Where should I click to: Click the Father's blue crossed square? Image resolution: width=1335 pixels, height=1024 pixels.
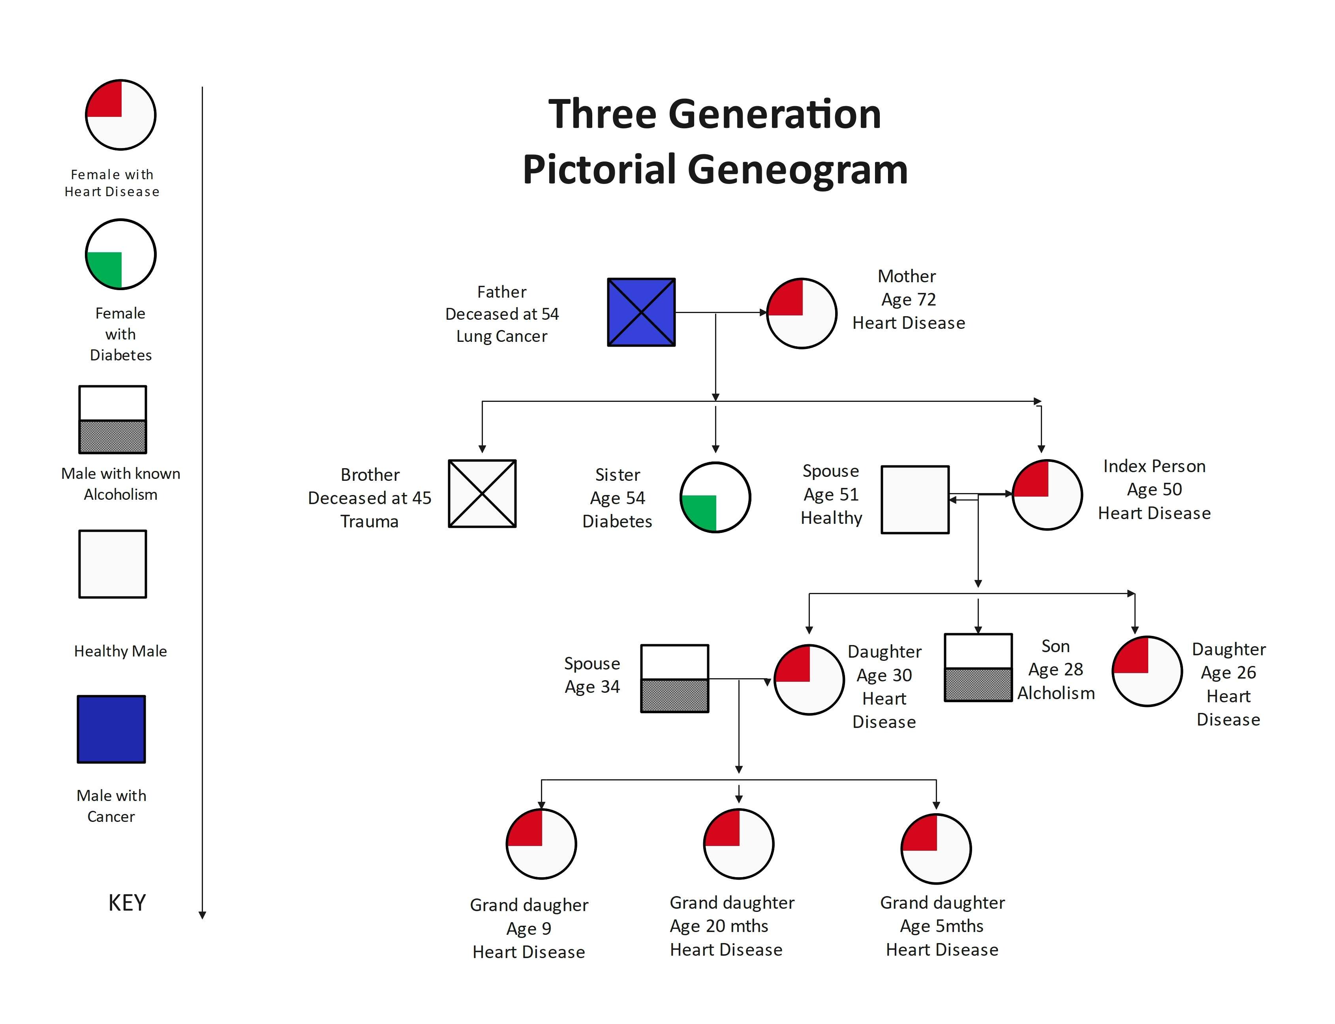coord(641,313)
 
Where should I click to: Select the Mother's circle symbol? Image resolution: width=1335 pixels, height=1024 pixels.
coord(801,313)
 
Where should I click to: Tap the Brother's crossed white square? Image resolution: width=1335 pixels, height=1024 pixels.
coord(482,494)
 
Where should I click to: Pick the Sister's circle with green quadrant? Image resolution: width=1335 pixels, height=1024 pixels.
coord(715,497)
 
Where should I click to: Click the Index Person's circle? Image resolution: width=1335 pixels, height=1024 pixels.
coord(1047,495)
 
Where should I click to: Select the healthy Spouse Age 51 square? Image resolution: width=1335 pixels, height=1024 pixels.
coord(915,500)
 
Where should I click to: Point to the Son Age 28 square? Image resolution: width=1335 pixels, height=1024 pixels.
coord(978,668)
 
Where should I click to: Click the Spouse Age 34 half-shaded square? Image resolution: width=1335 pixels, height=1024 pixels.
coord(674,679)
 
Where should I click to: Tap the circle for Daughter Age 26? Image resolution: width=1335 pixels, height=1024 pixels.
coord(1147,671)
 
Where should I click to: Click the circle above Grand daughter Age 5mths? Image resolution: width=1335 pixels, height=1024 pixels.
coord(936,848)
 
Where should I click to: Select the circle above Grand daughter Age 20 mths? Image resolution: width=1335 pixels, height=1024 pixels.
coord(738,844)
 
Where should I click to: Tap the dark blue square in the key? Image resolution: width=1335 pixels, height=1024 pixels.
coord(112,729)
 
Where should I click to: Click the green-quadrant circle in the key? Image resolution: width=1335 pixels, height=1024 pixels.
coord(121,254)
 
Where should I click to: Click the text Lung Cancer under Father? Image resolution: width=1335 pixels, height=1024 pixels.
coord(502,336)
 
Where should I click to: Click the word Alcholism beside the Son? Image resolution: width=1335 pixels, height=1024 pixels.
coord(1056,693)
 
